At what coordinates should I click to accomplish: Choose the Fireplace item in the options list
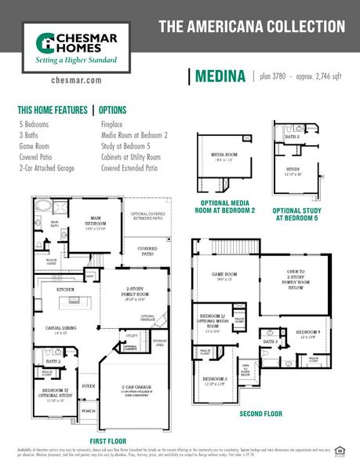(115, 124)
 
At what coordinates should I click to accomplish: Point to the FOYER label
(89, 386)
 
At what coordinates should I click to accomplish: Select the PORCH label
(89, 411)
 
